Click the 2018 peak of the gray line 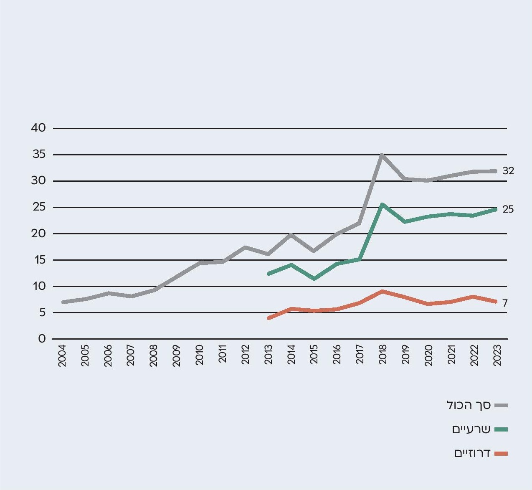pyautogui.click(x=382, y=155)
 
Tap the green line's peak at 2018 pyautogui.click(x=382, y=205)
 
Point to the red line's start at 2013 pyautogui.click(x=269, y=318)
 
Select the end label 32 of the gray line pyautogui.click(x=508, y=171)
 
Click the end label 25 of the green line pyautogui.click(x=508, y=209)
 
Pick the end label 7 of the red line pyautogui.click(x=505, y=303)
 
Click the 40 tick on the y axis pyautogui.click(x=38, y=128)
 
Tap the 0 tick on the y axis pyautogui.click(x=42, y=339)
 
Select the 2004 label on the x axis pyautogui.click(x=62, y=355)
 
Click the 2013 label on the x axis pyautogui.click(x=269, y=355)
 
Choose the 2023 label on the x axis pyautogui.click(x=497, y=355)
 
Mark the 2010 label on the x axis pyautogui.click(x=200, y=355)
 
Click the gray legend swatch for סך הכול pyautogui.click(x=501, y=405)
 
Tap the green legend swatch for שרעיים pyautogui.click(x=501, y=429)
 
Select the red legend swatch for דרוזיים pyautogui.click(x=501, y=454)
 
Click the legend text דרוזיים pyautogui.click(x=472, y=454)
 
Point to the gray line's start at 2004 pyautogui.click(x=63, y=302)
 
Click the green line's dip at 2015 pyautogui.click(x=314, y=279)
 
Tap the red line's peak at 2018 pyautogui.click(x=382, y=291)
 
